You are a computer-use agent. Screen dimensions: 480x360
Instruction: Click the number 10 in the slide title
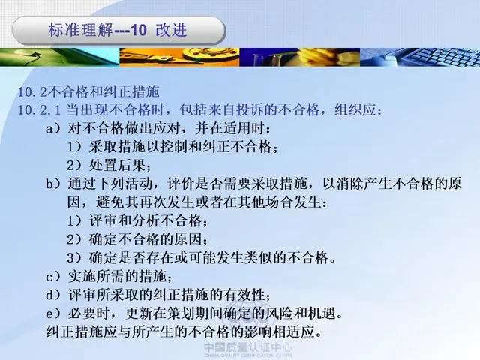(x=139, y=31)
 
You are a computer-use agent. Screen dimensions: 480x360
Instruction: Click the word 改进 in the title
(x=171, y=30)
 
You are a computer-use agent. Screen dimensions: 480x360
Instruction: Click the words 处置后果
(x=117, y=166)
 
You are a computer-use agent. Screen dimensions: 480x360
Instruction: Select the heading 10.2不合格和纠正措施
(x=88, y=91)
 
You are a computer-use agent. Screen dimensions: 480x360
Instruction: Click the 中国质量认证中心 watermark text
(x=248, y=347)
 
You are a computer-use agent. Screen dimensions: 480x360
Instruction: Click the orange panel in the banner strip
(x=179, y=57)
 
